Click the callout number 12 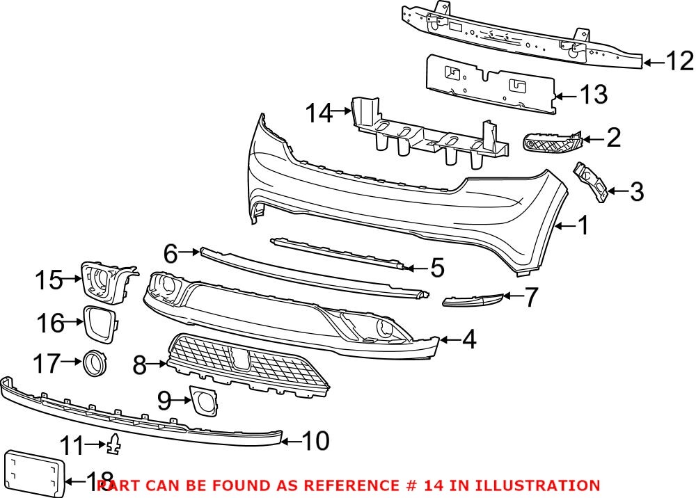coord(679,62)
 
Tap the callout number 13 coord(593,95)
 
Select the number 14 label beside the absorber coord(320,113)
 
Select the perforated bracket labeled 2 coord(552,144)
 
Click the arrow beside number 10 coord(292,440)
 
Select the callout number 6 coord(171,254)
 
